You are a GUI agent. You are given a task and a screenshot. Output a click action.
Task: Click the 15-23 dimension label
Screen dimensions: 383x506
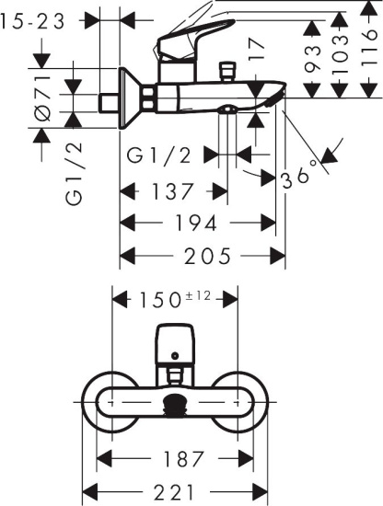pos(33,22)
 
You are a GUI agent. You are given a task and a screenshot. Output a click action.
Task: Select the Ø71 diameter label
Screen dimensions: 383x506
pos(42,98)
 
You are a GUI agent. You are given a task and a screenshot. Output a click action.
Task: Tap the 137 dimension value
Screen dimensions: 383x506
pos(172,191)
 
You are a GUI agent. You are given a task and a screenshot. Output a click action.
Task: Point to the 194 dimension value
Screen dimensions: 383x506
pos(195,223)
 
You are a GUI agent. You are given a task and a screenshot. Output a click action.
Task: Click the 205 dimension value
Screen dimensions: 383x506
pos(208,257)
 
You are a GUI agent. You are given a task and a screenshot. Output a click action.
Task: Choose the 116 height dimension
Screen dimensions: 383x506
pos(368,48)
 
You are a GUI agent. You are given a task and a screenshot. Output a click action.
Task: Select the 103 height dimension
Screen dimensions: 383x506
pos(340,54)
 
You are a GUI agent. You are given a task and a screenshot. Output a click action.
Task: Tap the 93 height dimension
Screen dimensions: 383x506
pos(312,58)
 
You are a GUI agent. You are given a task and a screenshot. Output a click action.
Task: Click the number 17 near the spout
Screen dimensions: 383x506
pos(257,49)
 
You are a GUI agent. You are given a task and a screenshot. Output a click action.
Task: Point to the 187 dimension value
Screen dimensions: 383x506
pos(184,459)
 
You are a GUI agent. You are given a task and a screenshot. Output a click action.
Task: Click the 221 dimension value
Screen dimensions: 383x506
pos(174,493)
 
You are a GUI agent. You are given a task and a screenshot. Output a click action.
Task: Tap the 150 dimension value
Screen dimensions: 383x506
pos(160,301)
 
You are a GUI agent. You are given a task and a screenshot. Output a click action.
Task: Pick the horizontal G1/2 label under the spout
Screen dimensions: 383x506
pos(158,155)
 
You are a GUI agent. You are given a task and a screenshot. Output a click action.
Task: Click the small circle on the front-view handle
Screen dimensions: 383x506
pos(175,356)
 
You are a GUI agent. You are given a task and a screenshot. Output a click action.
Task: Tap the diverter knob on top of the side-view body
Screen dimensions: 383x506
pos(227,72)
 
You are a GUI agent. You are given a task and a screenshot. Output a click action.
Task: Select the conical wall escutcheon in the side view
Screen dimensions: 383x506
pos(130,98)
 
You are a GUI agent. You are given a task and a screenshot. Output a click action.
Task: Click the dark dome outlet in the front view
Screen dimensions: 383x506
pos(175,404)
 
